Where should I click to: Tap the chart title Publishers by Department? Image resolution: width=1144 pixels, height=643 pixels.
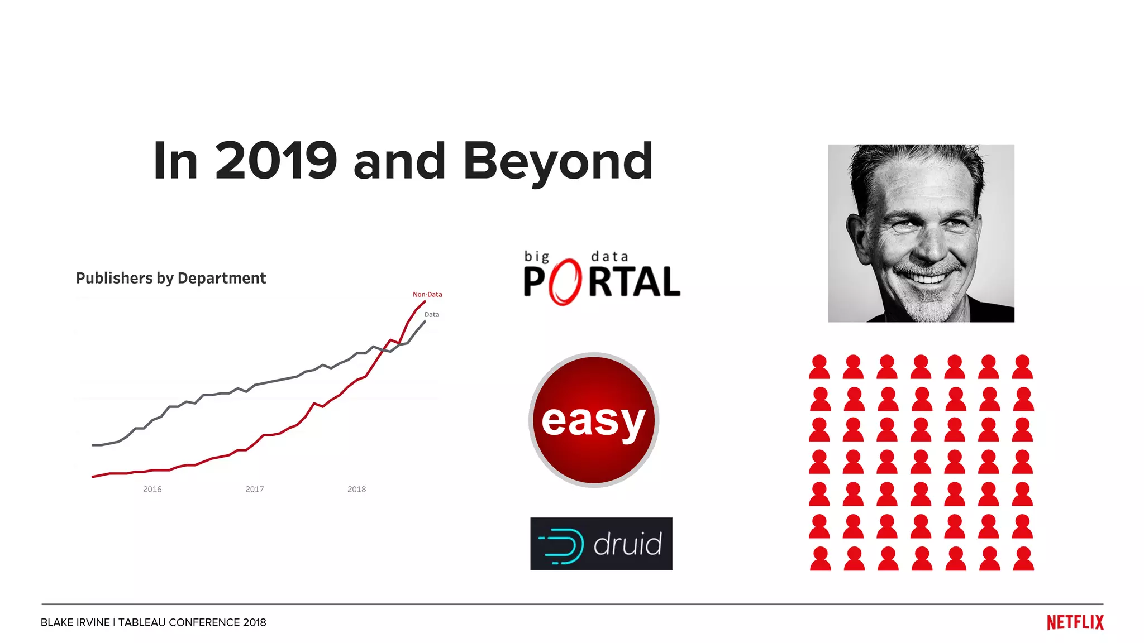coord(171,278)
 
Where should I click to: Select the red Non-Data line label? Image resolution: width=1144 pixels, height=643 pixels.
coord(427,294)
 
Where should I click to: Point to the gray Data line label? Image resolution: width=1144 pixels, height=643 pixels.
coord(432,315)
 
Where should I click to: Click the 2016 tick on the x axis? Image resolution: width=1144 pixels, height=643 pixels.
coord(152,490)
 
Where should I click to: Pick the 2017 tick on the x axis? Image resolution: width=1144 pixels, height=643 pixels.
coord(254,490)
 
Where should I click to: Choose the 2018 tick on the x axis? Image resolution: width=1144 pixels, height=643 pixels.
coord(356,490)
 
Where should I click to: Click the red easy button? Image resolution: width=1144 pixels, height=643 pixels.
coord(594,420)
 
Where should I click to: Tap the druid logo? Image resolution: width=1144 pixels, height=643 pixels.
coord(601,544)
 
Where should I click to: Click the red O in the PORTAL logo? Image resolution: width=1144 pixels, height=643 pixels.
coord(565,282)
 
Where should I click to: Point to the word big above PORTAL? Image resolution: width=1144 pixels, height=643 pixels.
coord(536,257)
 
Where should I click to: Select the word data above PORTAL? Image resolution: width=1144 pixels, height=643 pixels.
coord(609,257)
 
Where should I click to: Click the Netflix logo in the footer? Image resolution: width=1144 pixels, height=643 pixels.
coord(1075,622)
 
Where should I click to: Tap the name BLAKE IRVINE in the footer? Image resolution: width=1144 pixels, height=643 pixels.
coord(75,622)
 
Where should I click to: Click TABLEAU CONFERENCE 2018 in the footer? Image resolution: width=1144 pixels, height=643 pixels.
coord(192,622)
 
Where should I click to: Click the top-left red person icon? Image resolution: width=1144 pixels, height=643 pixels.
coord(819,367)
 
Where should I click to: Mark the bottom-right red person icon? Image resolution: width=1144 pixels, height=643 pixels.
coord(1023,559)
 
